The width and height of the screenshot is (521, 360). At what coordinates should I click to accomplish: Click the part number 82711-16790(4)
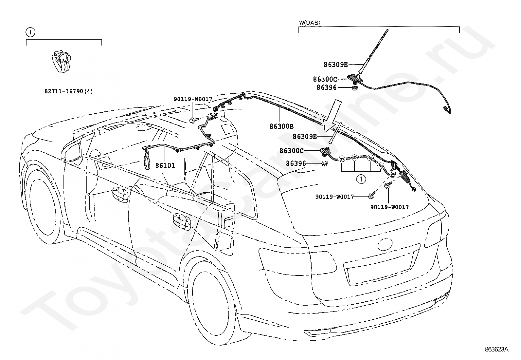coord(69,91)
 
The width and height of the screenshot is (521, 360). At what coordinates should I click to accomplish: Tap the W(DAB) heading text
coord(310,23)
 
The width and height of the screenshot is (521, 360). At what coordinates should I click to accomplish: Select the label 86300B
coord(281,126)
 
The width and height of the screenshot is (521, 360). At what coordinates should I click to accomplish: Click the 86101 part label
coord(165,165)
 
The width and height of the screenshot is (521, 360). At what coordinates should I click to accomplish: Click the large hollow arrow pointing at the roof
coord(332,116)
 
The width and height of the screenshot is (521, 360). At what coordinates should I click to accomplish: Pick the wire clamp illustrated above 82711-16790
coord(62,61)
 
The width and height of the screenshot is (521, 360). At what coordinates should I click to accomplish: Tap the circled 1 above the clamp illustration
coord(30,32)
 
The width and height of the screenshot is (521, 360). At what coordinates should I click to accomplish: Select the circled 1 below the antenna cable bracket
coord(361,179)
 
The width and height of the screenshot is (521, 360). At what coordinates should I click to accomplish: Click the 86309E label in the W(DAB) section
coord(336,65)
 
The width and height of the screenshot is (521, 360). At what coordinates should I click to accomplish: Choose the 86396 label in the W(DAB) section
coord(326,87)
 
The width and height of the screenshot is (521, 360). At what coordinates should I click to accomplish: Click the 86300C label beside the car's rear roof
coord(292,151)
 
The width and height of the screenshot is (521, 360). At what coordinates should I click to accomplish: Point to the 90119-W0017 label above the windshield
coord(193,99)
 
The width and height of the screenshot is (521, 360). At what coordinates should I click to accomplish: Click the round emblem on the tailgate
coord(385,244)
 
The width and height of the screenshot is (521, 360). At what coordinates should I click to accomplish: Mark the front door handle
coord(120,194)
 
